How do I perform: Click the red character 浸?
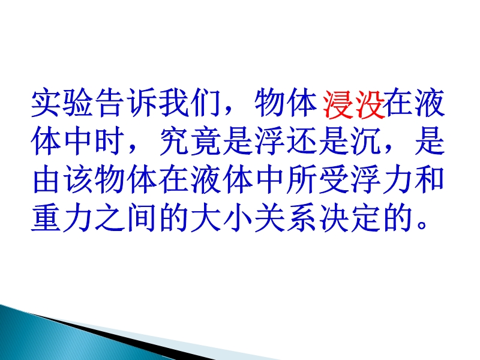[x=338, y=104]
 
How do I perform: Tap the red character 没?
[x=368, y=104]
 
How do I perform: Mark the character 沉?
[x=365, y=142]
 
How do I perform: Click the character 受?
[x=334, y=180]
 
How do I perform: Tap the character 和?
[x=429, y=180]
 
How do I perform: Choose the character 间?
[x=142, y=218]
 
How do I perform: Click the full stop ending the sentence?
[x=422, y=225]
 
